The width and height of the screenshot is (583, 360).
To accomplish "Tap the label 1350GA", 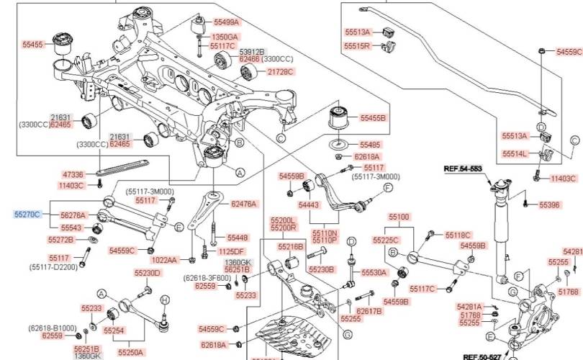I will (x=225, y=36).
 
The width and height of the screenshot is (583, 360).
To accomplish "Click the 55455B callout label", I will (x=373, y=117).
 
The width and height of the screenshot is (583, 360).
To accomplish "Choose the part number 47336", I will (x=73, y=174).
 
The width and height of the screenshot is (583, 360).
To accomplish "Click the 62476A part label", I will (x=244, y=204).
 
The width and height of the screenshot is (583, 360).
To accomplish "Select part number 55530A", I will (x=375, y=272).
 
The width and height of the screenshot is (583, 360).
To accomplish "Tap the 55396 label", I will (x=549, y=205).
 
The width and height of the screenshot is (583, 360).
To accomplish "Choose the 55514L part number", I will (x=515, y=153).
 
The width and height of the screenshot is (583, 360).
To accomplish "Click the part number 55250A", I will (x=130, y=352).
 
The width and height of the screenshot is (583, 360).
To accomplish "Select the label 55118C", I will (x=458, y=235).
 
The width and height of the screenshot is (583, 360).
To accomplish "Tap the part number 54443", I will (x=309, y=205).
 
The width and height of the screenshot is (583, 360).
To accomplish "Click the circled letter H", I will (x=164, y=300).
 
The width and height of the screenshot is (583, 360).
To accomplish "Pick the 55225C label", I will (x=386, y=240).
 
